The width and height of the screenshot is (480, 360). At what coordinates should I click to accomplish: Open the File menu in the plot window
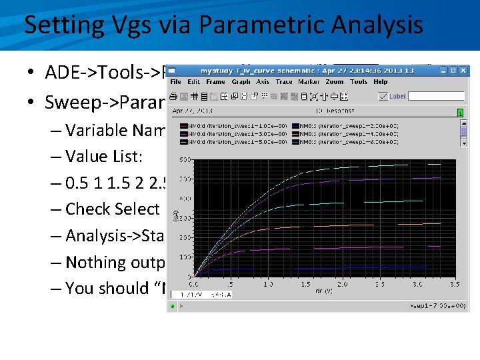click(x=176, y=82)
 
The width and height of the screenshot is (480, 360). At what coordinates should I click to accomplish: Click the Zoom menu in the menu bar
click(x=335, y=82)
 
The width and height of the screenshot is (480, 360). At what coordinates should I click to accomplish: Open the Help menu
click(x=381, y=82)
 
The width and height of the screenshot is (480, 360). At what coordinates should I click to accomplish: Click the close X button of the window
click(x=463, y=70)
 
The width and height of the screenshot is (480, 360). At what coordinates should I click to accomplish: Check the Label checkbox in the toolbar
click(x=382, y=96)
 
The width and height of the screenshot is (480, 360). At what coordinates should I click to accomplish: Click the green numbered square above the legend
click(x=459, y=113)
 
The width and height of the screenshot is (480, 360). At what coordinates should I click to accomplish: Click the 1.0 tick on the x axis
click(x=269, y=283)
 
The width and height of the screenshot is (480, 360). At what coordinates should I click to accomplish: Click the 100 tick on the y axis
click(x=182, y=257)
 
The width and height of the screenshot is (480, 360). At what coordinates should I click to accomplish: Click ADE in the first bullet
click(x=61, y=73)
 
